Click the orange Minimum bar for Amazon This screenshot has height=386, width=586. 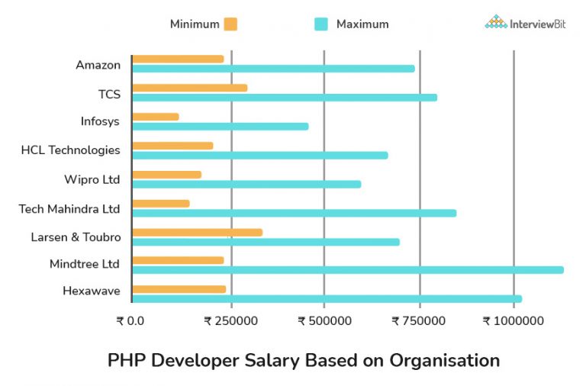[178, 59]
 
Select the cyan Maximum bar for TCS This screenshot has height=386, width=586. [285, 98]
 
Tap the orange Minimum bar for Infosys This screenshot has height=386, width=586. [156, 117]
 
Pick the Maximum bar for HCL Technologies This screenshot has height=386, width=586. [260, 156]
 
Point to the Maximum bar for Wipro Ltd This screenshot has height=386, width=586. [246, 184]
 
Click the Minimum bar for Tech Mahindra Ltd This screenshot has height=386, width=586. [161, 204]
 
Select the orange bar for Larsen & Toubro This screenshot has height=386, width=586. [197, 232]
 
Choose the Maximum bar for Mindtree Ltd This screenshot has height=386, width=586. [348, 269]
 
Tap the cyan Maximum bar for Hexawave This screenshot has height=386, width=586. [327, 298]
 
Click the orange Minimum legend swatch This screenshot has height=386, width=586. [230, 24]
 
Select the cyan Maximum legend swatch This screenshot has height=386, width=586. [321, 24]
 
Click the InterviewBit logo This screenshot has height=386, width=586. [526, 23]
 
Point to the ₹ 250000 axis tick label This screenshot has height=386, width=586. [230, 321]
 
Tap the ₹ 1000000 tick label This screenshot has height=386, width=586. [514, 321]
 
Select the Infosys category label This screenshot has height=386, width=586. [100, 121]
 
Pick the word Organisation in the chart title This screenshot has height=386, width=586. [445, 360]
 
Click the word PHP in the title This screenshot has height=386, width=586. [127, 360]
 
